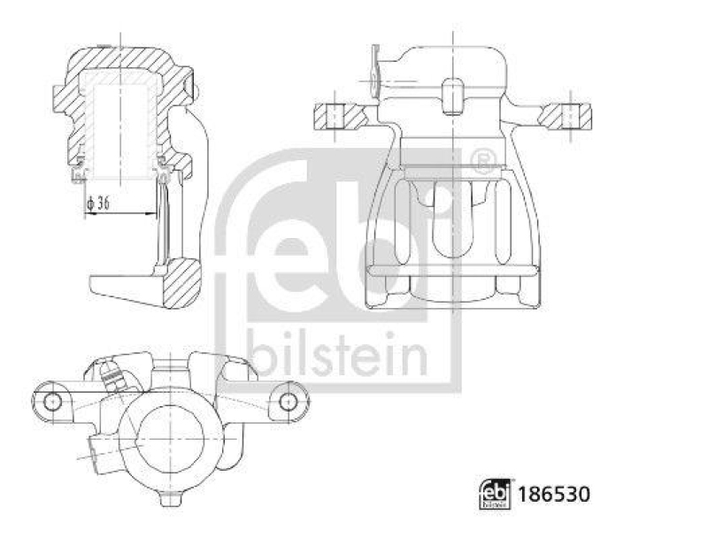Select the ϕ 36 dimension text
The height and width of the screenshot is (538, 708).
point(100,204)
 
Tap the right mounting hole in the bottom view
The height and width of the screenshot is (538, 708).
point(287,401)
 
